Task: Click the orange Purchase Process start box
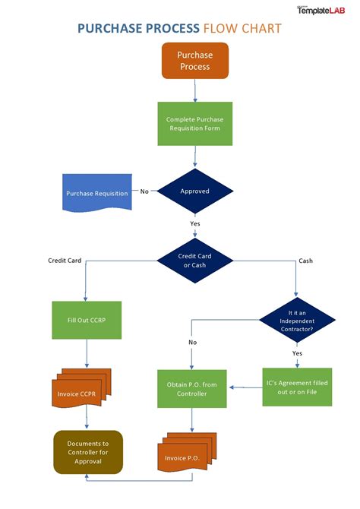[x=195, y=61]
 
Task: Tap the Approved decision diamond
[x=195, y=191]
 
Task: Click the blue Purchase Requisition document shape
[x=96, y=193]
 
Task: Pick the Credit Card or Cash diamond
[x=195, y=261]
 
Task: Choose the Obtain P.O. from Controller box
[x=191, y=389]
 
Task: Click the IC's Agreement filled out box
[x=297, y=387]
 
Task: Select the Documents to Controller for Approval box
[x=88, y=452]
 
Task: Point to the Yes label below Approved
[x=195, y=223]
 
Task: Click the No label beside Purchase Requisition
[x=144, y=191]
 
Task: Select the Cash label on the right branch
[x=305, y=261]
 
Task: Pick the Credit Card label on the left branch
[x=65, y=261]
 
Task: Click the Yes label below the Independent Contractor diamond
[x=297, y=353]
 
